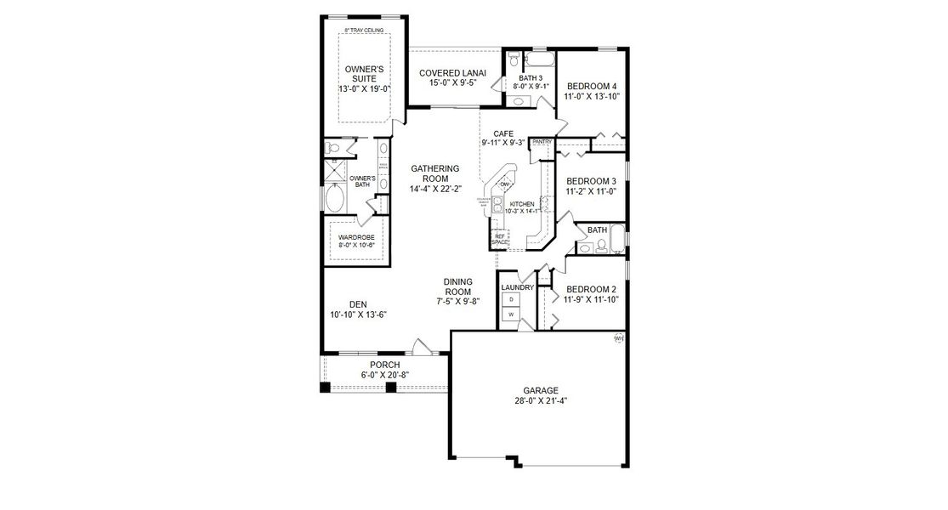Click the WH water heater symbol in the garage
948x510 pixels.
point(618,338)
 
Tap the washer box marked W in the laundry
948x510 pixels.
point(511,314)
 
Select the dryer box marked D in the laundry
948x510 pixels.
point(511,299)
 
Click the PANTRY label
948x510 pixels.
point(542,142)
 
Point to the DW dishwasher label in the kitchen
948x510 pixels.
point(504,184)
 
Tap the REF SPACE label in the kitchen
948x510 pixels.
point(500,239)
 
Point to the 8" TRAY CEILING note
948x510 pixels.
point(363,31)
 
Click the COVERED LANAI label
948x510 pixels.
point(453,73)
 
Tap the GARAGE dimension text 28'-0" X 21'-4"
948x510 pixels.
point(540,400)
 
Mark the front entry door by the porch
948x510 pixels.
point(418,347)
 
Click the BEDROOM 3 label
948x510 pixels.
point(591,181)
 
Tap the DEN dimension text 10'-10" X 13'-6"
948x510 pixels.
point(358,314)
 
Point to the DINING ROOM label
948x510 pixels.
point(457,286)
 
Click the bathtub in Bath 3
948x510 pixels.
point(538,59)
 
